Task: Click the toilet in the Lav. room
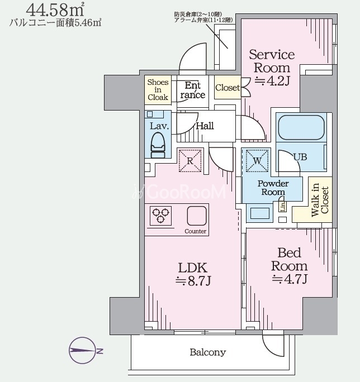tap(158, 145)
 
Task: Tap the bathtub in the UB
tap(301, 127)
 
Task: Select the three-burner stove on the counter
tap(160, 216)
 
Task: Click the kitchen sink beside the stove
tap(197, 216)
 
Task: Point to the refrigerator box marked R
tap(190, 160)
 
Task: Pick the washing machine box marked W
tap(257, 160)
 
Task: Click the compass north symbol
tap(82, 351)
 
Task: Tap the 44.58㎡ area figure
tap(55, 9)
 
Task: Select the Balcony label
tap(208, 352)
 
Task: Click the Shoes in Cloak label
tap(158, 90)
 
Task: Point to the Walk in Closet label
tap(320, 200)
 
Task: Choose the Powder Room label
tap(273, 188)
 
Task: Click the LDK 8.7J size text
tap(193, 274)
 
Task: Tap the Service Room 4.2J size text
tap(272, 68)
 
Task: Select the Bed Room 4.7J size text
tap(289, 266)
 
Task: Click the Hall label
tap(205, 126)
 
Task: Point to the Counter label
tap(195, 231)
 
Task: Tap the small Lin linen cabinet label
tap(283, 207)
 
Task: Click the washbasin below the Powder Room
tap(260, 213)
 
